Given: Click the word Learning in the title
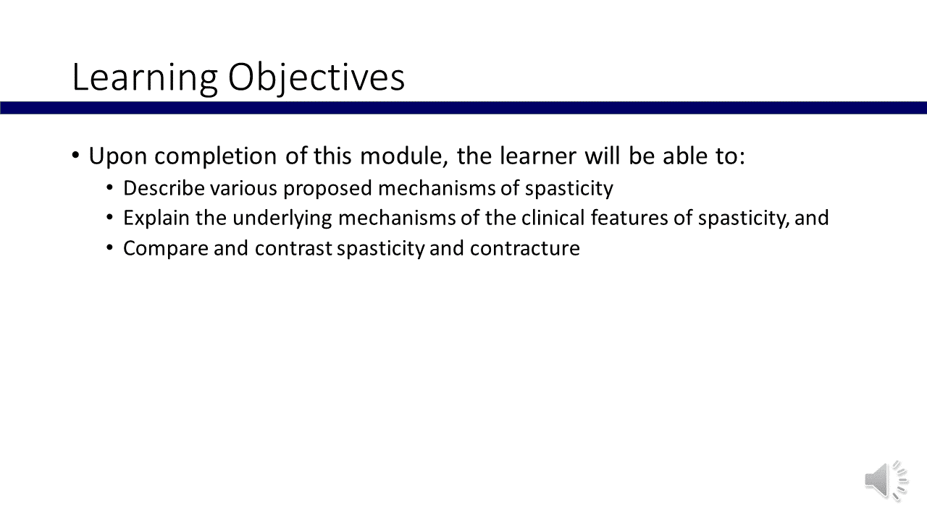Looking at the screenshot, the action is click(145, 77).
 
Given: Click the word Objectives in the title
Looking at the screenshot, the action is click(316, 77).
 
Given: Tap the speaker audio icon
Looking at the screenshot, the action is click(886, 481).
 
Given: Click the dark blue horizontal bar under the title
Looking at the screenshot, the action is click(463, 108).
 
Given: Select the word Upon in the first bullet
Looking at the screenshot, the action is click(118, 157).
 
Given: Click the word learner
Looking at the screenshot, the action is click(538, 156).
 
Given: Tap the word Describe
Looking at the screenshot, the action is click(164, 188).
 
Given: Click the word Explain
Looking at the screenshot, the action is click(156, 219).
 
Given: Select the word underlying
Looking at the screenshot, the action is click(282, 219).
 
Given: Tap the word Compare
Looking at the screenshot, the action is click(166, 249).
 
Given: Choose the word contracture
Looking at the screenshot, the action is click(525, 248).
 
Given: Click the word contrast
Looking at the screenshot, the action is click(293, 248).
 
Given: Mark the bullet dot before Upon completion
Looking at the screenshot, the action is click(75, 156).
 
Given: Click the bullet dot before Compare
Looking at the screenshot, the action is click(109, 248).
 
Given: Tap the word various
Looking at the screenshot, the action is click(243, 188).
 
